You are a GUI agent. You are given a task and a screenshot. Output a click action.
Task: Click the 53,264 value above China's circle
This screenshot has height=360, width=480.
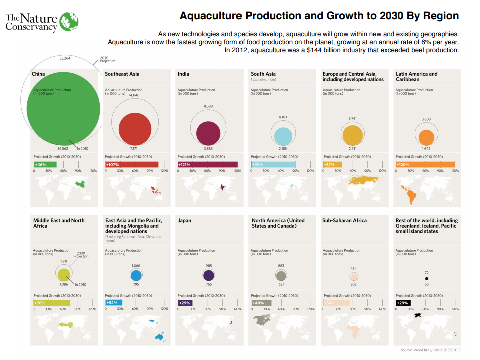click(64, 59)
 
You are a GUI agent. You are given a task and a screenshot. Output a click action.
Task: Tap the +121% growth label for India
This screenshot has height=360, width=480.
click(185, 164)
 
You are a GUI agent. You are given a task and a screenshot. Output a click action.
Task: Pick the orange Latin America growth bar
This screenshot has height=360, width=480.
click(425, 164)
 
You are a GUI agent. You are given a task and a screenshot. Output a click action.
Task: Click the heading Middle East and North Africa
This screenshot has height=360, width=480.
click(59, 223)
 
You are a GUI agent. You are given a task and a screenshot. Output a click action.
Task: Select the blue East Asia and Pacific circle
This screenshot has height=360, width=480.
click(136, 275)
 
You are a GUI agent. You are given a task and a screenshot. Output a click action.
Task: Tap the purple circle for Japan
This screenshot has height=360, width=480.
click(209, 275)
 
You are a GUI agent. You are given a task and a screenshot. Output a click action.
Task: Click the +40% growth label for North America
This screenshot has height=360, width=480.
click(258, 303)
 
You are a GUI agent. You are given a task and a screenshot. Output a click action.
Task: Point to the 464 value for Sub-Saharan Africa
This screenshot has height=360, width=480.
click(354, 269)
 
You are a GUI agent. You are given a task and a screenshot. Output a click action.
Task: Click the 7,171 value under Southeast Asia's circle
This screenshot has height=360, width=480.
click(134, 149)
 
